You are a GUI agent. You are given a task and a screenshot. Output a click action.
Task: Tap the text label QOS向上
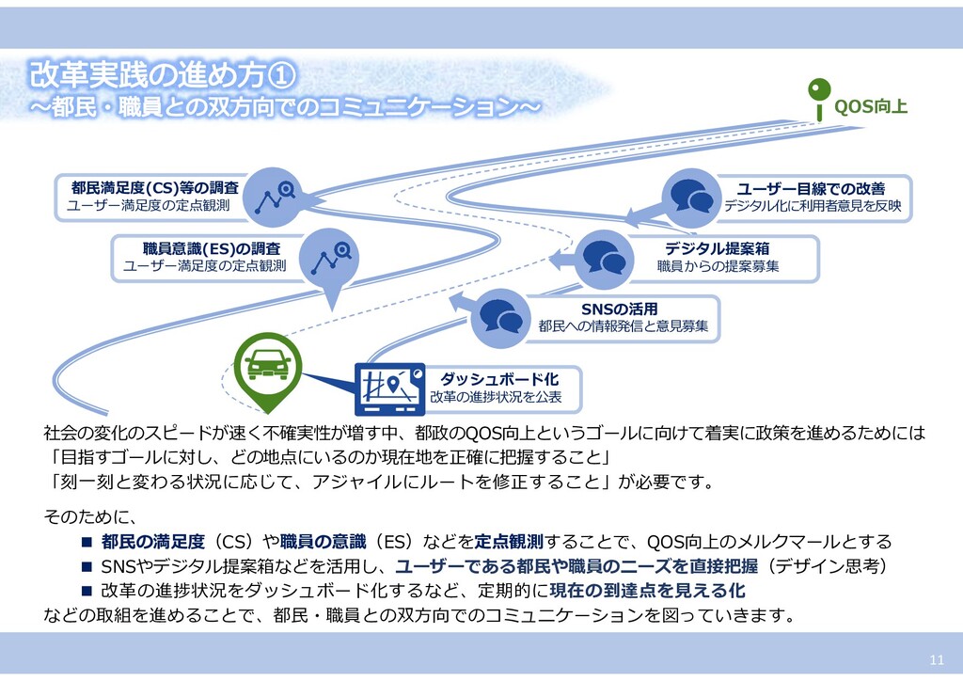pos(872,107)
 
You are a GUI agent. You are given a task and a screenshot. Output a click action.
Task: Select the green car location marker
pos(267,365)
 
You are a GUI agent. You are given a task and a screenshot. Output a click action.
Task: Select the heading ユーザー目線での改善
pos(810,187)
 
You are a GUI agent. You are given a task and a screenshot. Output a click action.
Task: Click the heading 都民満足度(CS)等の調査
pos(155,187)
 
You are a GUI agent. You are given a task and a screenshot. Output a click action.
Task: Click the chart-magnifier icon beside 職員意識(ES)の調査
pos(332,254)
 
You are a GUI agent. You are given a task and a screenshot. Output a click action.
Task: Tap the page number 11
pos(936,657)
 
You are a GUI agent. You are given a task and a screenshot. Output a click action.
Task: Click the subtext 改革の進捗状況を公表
pos(496,398)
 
